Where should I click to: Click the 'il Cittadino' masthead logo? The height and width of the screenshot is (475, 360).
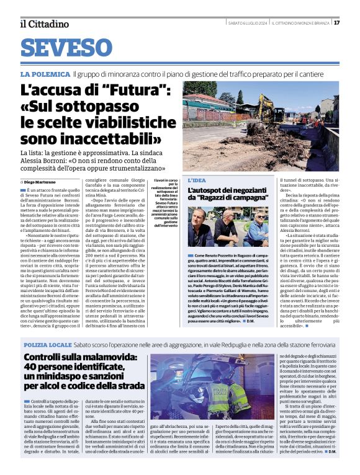point(44,24)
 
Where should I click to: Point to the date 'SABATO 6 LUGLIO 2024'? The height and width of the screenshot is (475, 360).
point(247,24)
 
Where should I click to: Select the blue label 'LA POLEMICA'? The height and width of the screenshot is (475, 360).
point(45,74)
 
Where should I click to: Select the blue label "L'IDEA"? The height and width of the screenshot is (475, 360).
point(197,180)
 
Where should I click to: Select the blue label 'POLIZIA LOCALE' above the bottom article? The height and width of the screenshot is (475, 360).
point(47,344)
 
